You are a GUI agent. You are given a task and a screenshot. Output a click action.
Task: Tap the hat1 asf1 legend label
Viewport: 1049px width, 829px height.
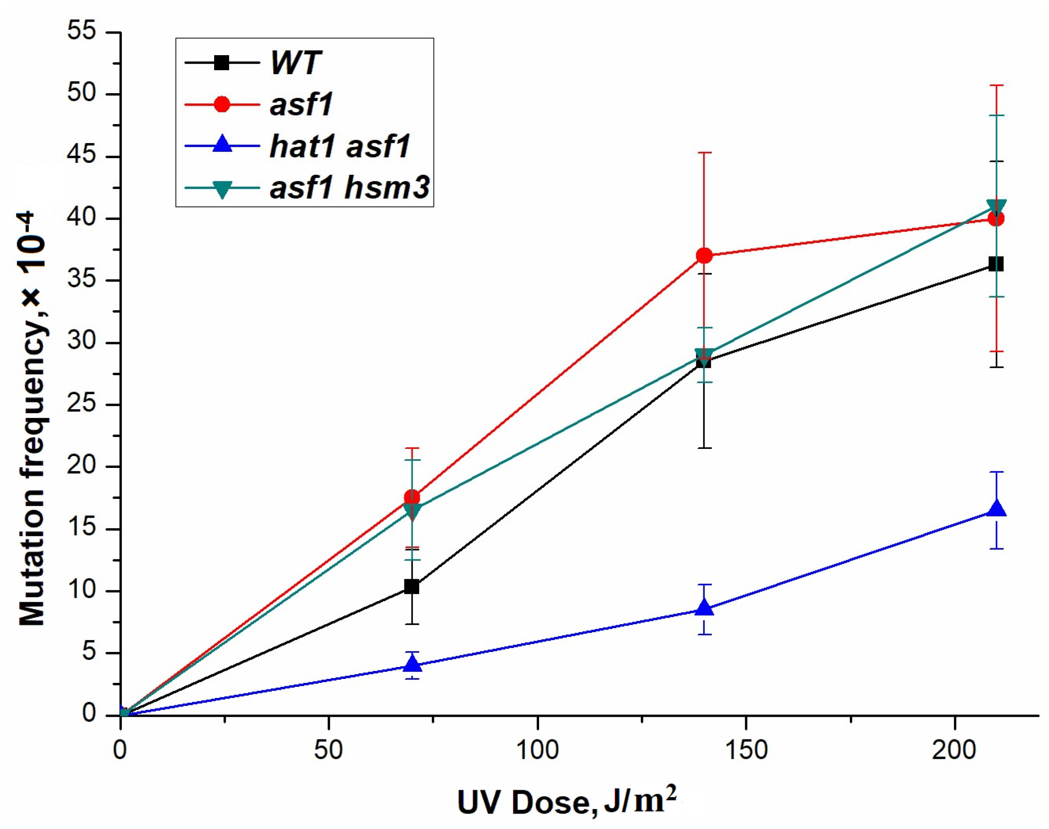(x=340, y=146)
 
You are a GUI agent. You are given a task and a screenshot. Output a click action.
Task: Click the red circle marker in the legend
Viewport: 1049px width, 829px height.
(x=222, y=104)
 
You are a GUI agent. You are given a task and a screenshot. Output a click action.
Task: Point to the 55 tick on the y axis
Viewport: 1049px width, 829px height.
(x=82, y=32)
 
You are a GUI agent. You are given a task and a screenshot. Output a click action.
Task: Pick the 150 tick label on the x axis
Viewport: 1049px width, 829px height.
(x=746, y=750)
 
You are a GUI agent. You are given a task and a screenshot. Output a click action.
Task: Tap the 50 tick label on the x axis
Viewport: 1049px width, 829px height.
(x=328, y=750)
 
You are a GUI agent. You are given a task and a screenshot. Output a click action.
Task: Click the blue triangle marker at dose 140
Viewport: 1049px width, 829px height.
(x=704, y=609)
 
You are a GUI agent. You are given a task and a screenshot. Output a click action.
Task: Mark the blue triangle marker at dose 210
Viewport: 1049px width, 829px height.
(x=996, y=509)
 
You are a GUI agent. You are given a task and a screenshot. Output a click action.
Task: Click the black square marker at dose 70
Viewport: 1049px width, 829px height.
(x=411, y=586)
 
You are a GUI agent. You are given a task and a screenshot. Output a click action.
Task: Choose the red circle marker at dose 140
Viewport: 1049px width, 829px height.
(x=704, y=255)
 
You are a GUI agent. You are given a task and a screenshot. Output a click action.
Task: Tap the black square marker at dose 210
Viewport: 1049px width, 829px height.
(x=996, y=264)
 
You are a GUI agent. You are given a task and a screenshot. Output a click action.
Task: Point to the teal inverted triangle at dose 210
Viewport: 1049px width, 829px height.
(x=996, y=206)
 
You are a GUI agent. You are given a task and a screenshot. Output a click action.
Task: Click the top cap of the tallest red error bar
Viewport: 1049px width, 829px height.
(x=996, y=86)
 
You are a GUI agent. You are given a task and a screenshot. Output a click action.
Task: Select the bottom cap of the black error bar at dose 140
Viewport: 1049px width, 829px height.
(x=704, y=448)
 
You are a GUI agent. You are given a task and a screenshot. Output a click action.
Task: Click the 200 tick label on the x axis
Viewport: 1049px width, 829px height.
(x=955, y=750)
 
